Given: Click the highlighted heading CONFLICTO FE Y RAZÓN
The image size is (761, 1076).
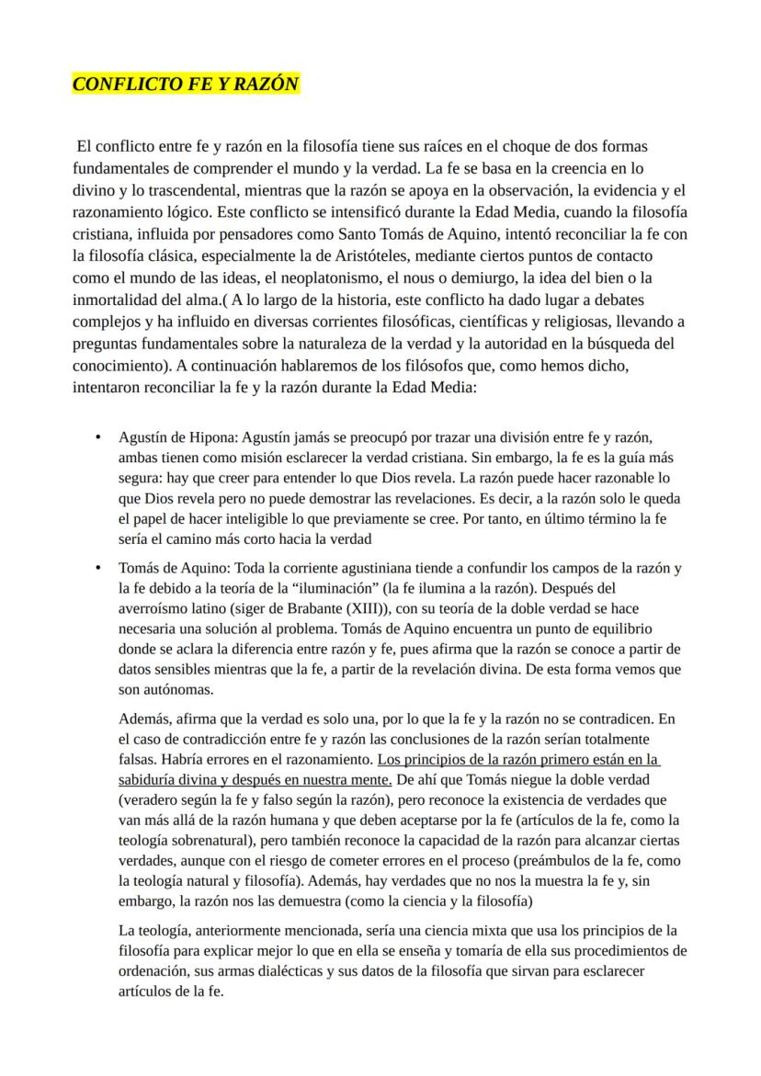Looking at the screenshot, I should point(186,85).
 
